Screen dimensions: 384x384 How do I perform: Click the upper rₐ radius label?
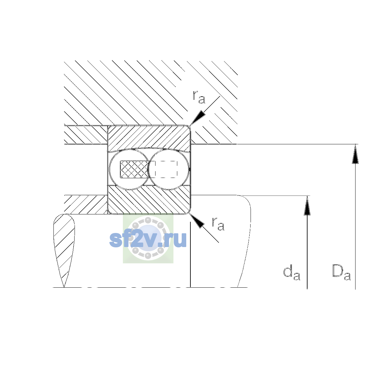click(x=199, y=97)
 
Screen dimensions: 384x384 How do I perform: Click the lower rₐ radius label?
click(x=218, y=224)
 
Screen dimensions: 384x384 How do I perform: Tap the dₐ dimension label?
click(x=292, y=272)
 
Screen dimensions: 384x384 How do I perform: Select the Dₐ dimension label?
click(x=341, y=272)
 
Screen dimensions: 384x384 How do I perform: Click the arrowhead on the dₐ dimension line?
click(x=307, y=205)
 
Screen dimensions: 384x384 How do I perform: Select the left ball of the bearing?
click(x=130, y=169)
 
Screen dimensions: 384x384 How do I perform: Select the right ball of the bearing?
click(x=169, y=169)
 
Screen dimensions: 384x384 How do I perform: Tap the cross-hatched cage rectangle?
click(x=134, y=169)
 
